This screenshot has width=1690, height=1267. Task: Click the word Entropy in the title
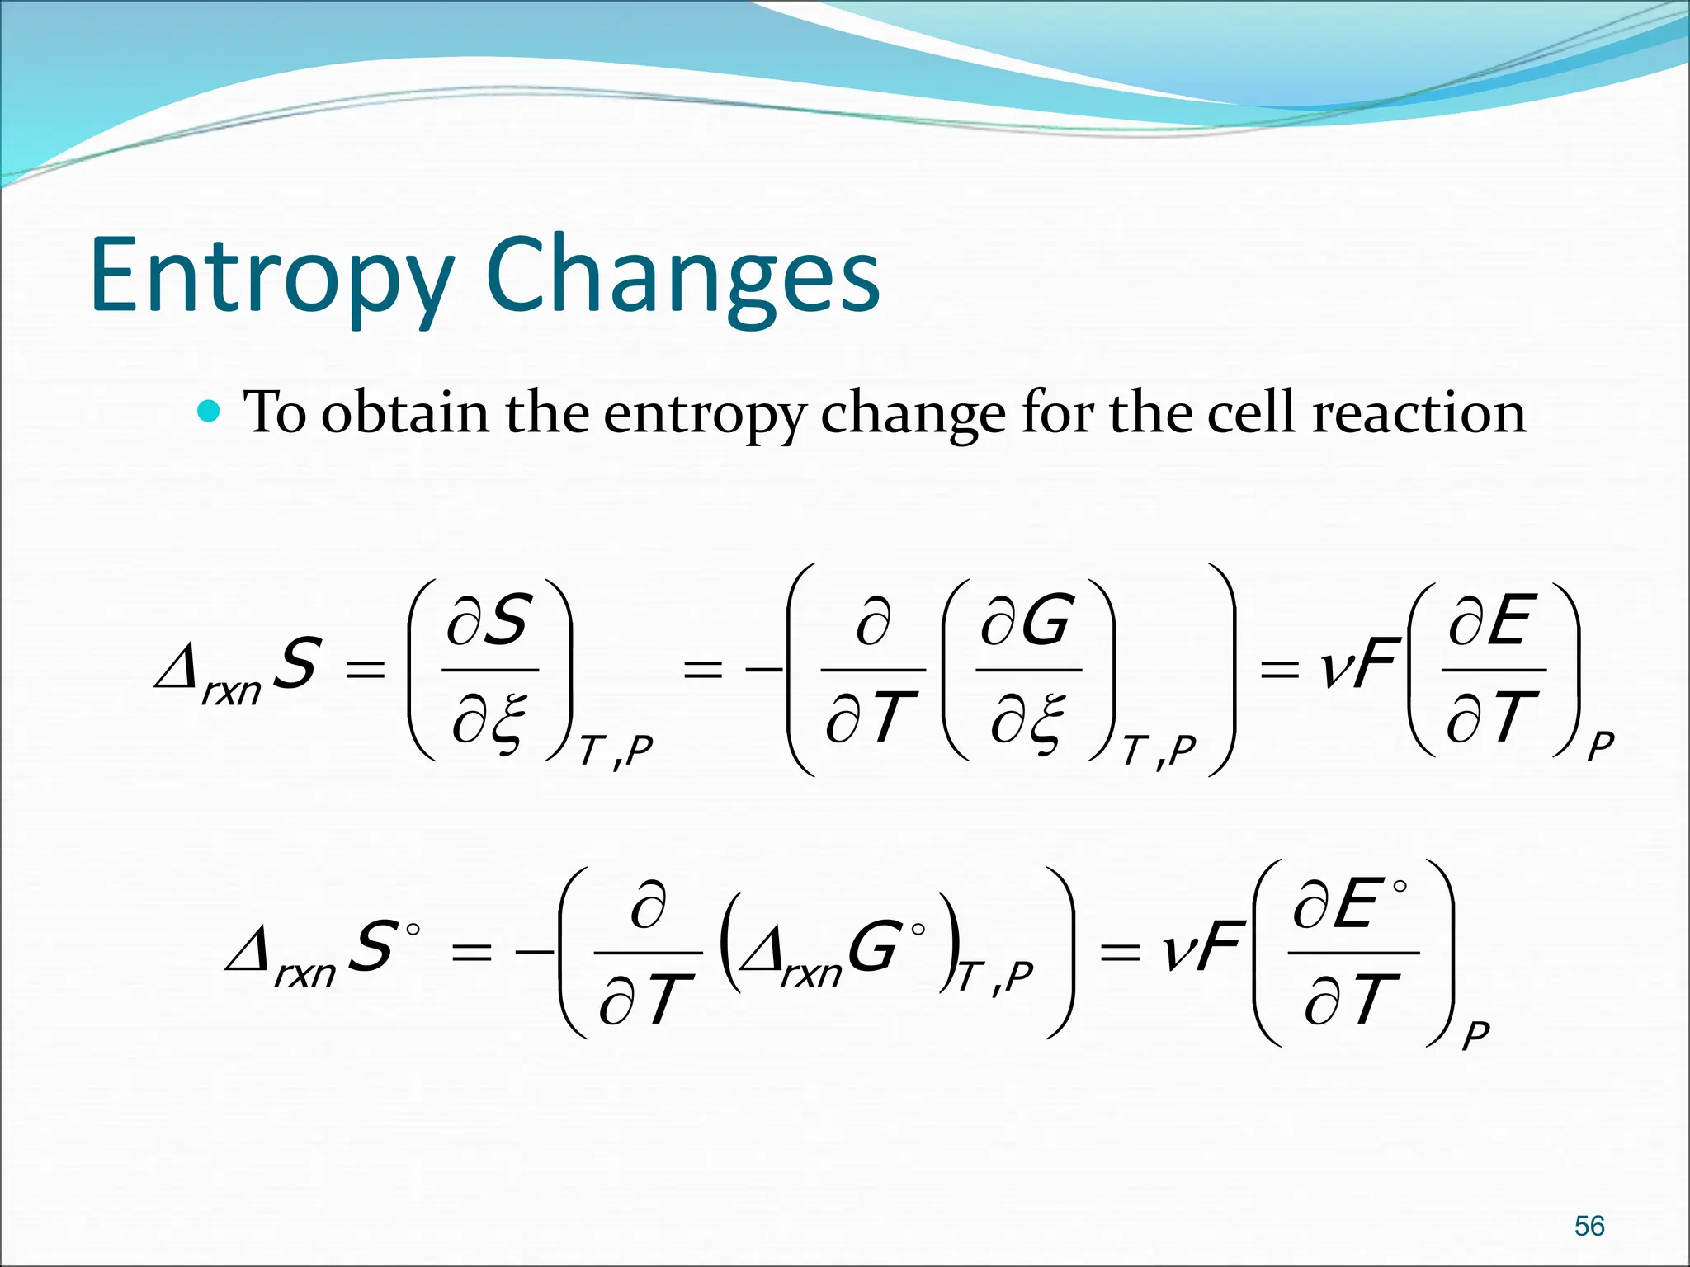pos(272,276)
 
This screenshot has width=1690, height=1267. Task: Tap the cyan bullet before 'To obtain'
pos(210,410)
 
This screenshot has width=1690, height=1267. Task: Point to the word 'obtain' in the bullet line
pos(405,412)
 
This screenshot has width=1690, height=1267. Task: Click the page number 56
pos(1589,1226)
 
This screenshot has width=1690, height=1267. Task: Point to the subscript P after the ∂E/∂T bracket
pos(1600,747)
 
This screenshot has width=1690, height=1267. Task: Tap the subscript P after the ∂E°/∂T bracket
pos(1475,1035)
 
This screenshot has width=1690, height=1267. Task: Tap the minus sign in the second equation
pos(534,953)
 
